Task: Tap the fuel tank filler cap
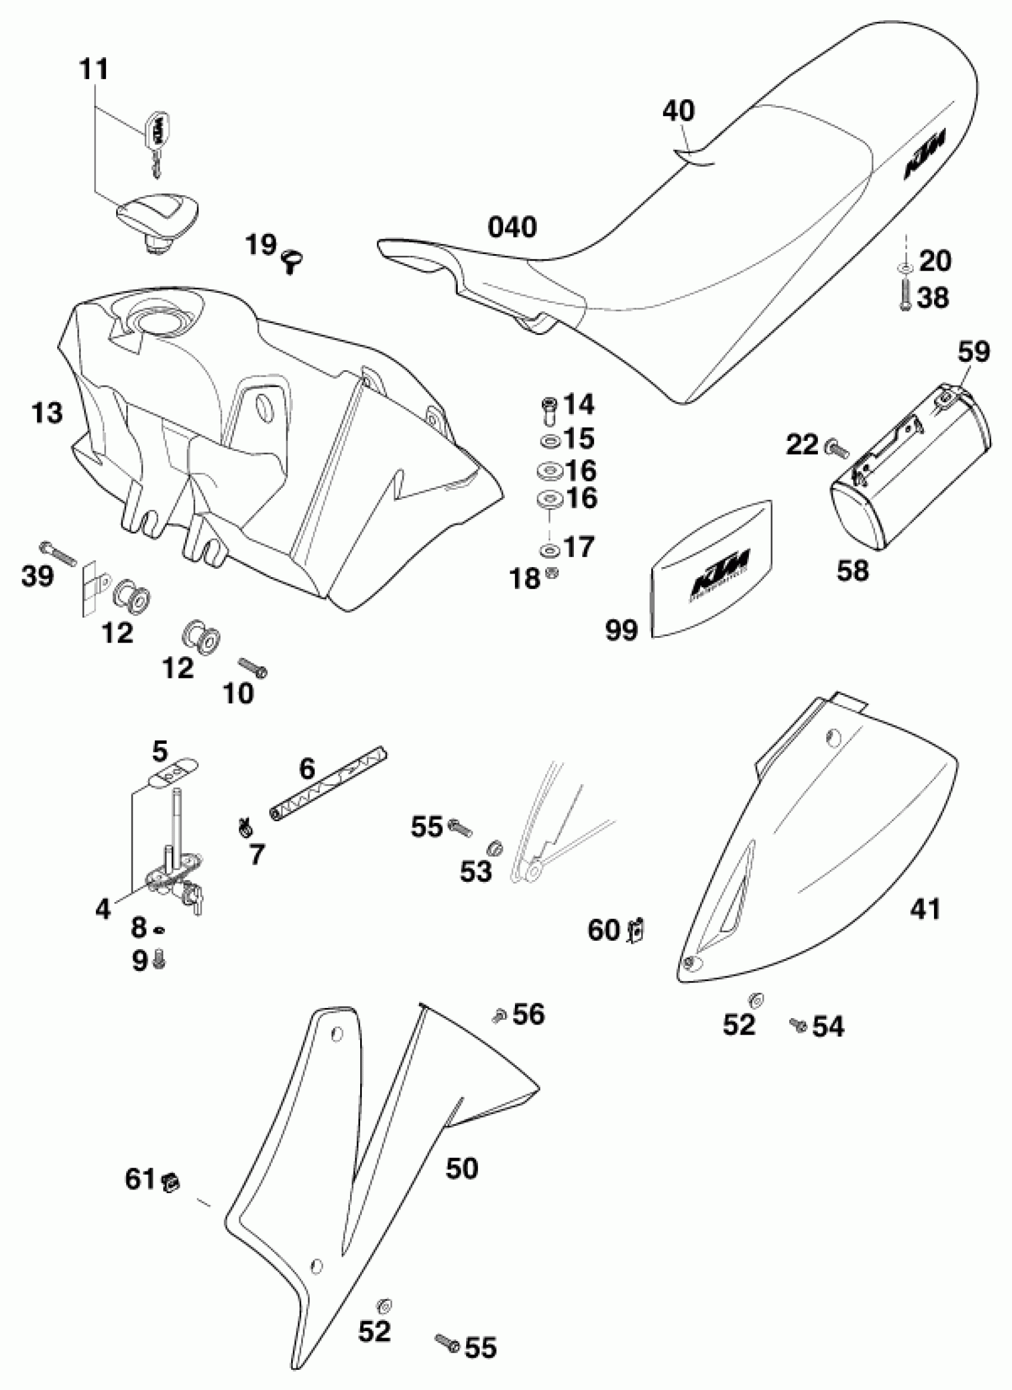coord(158,214)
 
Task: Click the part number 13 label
coord(47,414)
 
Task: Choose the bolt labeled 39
coord(58,552)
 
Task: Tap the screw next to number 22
coord(838,449)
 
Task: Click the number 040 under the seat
coord(512,227)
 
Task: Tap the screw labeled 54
coord(798,1023)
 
